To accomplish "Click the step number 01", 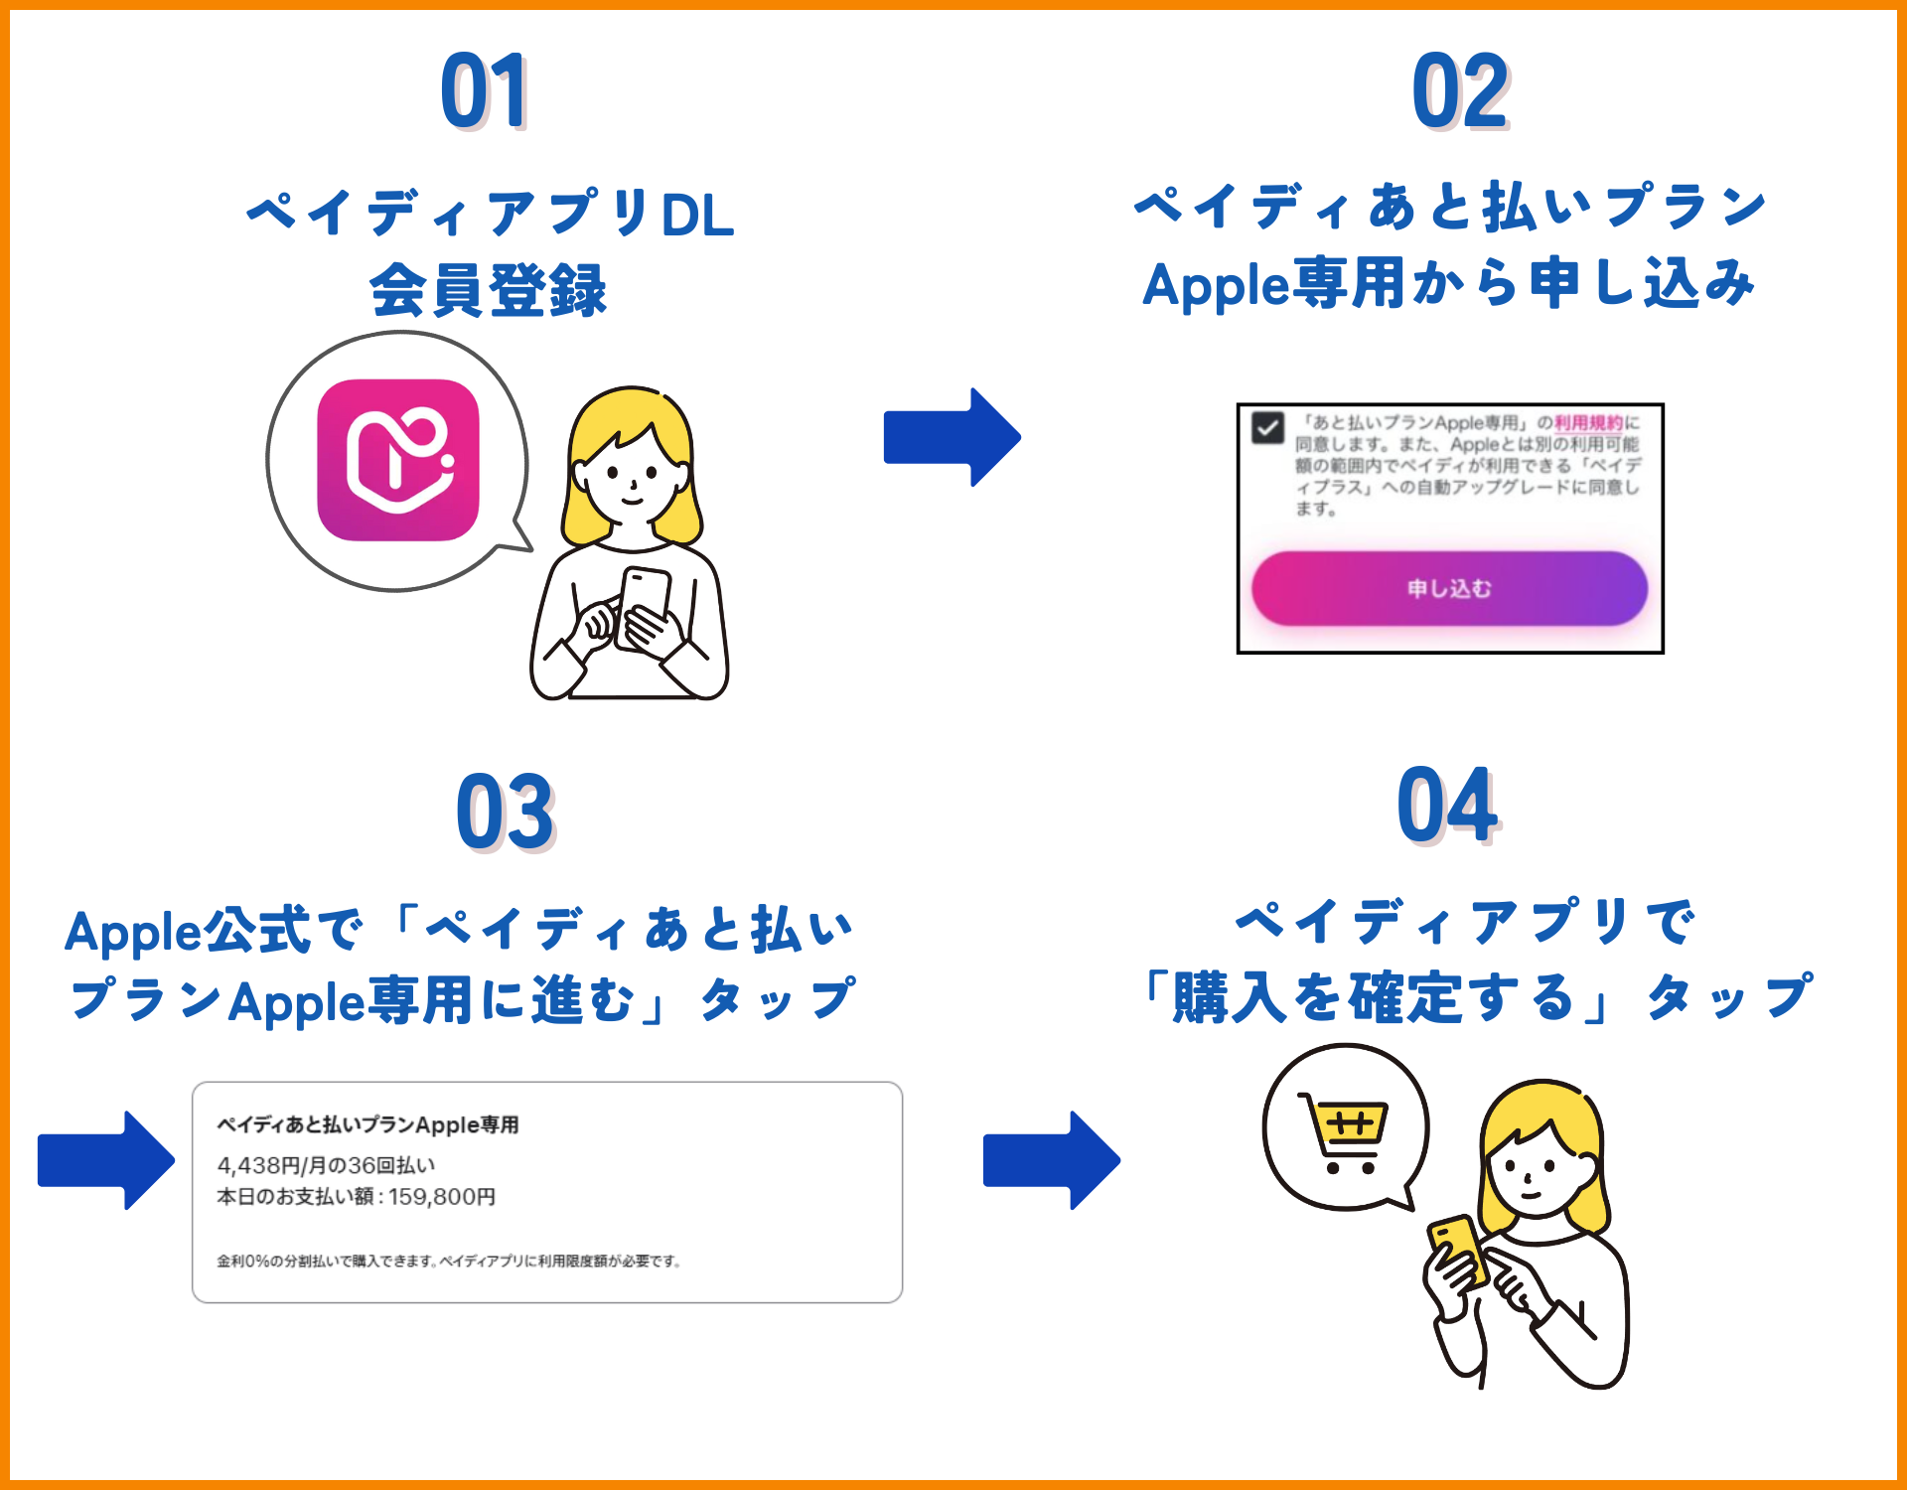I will click(484, 91).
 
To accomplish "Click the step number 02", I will click(1460, 91).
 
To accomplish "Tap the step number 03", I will click(505, 813).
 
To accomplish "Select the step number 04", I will click(1447, 806).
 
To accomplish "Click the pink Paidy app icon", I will click(398, 460).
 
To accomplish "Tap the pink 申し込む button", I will click(1449, 588).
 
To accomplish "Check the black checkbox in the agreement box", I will click(1268, 428).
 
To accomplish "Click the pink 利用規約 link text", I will click(1588, 423).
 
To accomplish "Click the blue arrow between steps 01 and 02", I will click(952, 437).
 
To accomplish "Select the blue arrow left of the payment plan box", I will click(105, 1160).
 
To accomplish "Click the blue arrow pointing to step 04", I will click(1051, 1160).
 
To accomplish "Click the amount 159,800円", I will click(442, 1197).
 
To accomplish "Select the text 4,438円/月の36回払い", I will click(326, 1165).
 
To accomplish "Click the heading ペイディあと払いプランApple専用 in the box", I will click(367, 1124).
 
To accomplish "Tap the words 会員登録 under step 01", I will click(488, 291).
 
